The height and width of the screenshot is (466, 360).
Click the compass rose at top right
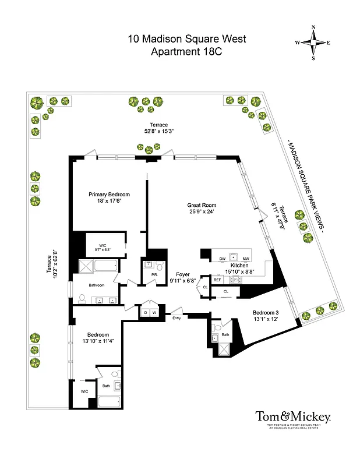[313, 43]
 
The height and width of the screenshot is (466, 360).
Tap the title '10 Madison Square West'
[186, 39]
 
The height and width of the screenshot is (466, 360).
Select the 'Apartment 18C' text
[186, 51]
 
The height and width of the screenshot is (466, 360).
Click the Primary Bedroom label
[109, 195]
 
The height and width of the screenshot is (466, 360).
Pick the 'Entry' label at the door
[177, 317]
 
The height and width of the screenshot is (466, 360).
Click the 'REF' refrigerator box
[217, 280]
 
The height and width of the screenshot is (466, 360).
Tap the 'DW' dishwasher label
[222, 259]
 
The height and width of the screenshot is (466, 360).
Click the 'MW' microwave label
[246, 259]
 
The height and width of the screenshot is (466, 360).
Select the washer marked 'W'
[155, 313]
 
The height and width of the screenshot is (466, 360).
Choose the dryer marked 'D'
[146, 313]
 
